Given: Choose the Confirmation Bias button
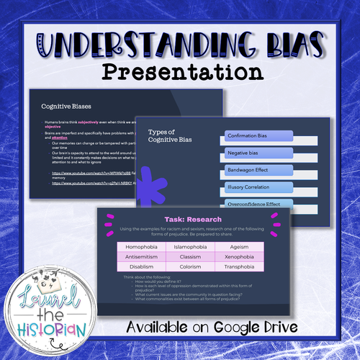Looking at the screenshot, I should point(249,135).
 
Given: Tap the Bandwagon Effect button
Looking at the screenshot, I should point(248,170).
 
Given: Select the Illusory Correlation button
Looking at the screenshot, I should point(248,187).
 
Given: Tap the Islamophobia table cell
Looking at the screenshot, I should point(191,247).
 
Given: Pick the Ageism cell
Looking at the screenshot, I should point(240,247).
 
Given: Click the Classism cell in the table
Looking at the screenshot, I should point(191,256).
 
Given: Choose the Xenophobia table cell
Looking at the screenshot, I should point(240,256).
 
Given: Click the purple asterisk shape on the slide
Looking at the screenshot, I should point(149,185).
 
